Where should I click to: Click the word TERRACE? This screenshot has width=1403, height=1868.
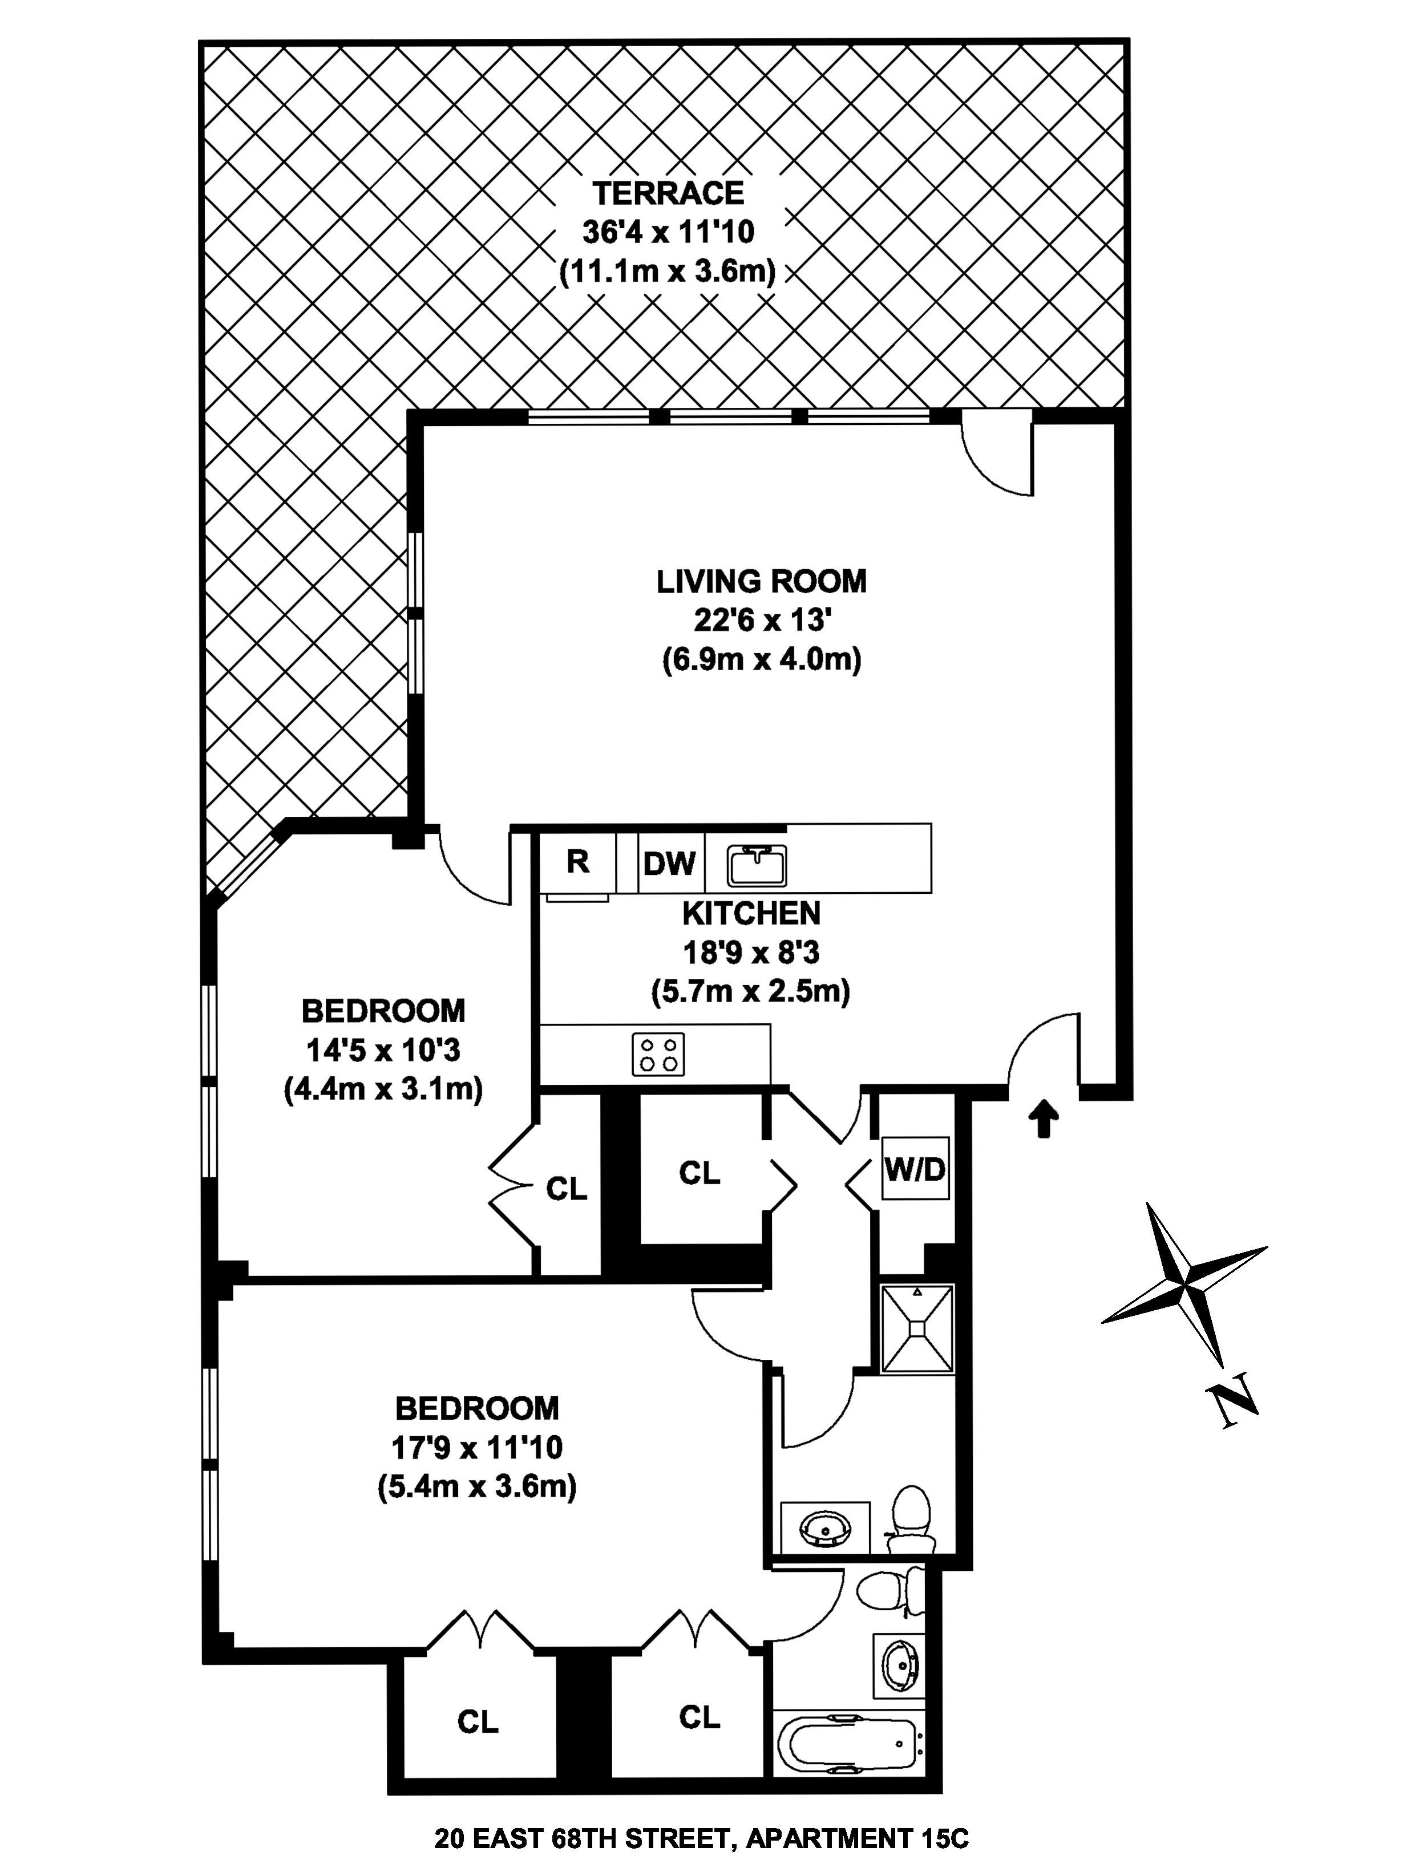pos(668,193)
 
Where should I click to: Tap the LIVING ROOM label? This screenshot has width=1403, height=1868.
pos(761,581)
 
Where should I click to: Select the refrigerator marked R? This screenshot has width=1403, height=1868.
pos(578,861)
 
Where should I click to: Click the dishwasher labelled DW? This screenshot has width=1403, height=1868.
pos(669,863)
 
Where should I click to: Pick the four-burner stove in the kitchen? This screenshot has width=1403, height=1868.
pos(658,1054)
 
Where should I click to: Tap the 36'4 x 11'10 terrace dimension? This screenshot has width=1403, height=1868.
pos(668,232)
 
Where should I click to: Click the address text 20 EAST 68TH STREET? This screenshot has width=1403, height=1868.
pos(583,1838)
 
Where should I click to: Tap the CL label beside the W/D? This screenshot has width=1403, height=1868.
pos(700,1172)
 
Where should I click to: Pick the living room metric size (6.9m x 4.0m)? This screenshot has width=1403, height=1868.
pos(761,659)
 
